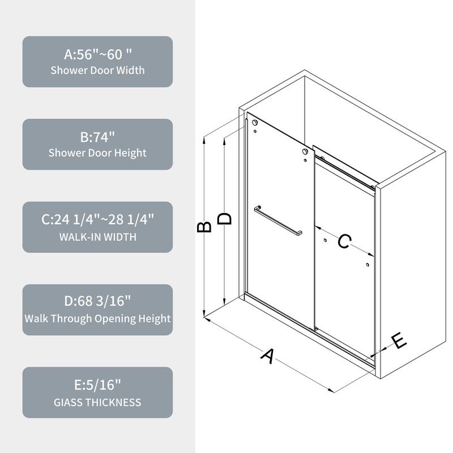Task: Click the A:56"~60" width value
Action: point(97,54)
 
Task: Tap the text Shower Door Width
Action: point(97,70)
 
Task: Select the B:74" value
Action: point(97,137)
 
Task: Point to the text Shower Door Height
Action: point(97,153)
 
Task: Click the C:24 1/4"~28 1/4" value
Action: point(97,220)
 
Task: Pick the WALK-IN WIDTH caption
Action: point(97,236)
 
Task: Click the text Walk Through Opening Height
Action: point(97,318)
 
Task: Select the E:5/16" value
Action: point(97,386)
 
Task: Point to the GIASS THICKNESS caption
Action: point(97,402)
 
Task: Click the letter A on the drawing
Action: point(267,356)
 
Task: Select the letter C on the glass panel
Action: point(344,241)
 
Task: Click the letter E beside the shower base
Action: point(399,341)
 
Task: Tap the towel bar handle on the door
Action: point(277,220)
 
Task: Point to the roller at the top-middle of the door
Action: point(306,152)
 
